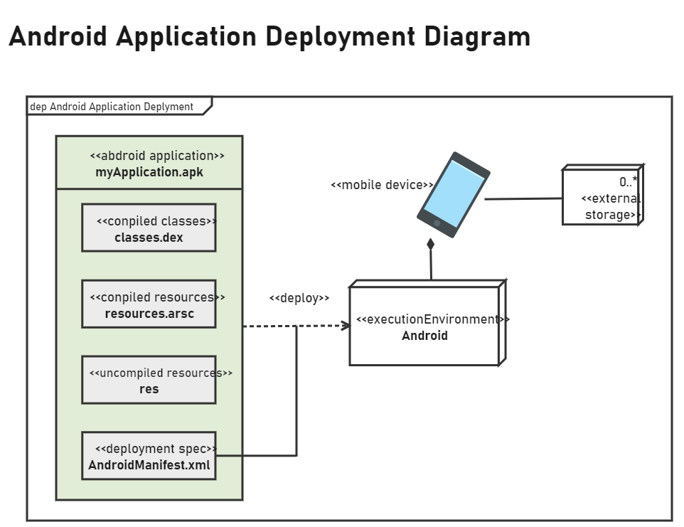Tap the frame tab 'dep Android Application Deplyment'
tap(112, 107)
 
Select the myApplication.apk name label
tap(149, 172)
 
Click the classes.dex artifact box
tap(149, 228)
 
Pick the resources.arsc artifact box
tap(149, 304)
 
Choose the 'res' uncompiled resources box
tap(149, 380)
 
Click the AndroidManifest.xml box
tap(149, 456)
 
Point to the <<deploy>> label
tap(299, 299)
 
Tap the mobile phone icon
tap(454, 194)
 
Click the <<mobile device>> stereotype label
tap(382, 185)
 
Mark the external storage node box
tap(601, 196)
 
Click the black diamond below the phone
tap(430, 245)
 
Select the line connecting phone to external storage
tap(523, 199)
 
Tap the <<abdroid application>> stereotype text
tap(157, 156)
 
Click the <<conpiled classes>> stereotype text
tap(156, 221)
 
